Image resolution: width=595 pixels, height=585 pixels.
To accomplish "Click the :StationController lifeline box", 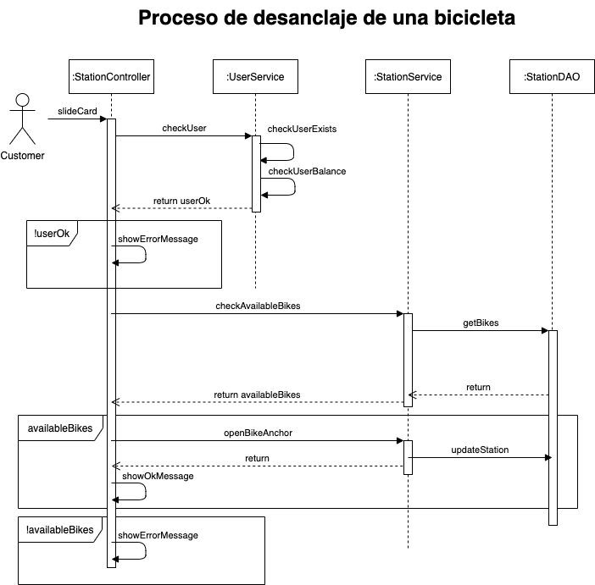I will click(x=111, y=77).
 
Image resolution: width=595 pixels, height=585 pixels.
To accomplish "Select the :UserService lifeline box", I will click(x=255, y=77).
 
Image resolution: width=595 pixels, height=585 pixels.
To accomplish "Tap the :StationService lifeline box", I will click(x=408, y=77).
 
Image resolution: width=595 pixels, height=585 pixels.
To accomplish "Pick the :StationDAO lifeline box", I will click(x=552, y=77).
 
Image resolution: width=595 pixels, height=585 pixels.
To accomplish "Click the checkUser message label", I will click(x=184, y=129).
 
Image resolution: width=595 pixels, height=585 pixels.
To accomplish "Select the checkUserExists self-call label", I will click(x=302, y=129).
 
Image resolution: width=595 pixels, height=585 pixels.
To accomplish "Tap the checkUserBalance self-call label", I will click(x=307, y=171).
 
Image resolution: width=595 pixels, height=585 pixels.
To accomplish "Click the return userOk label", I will click(x=181, y=201).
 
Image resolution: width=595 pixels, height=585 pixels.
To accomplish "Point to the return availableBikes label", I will click(x=257, y=395).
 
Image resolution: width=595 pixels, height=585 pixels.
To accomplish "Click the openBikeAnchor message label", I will click(x=259, y=433).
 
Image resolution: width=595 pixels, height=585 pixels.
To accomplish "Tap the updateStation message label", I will click(x=479, y=450).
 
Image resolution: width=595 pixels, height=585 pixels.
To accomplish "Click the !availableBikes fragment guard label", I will click(x=59, y=530).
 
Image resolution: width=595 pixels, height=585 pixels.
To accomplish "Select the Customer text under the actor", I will click(x=23, y=156).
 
